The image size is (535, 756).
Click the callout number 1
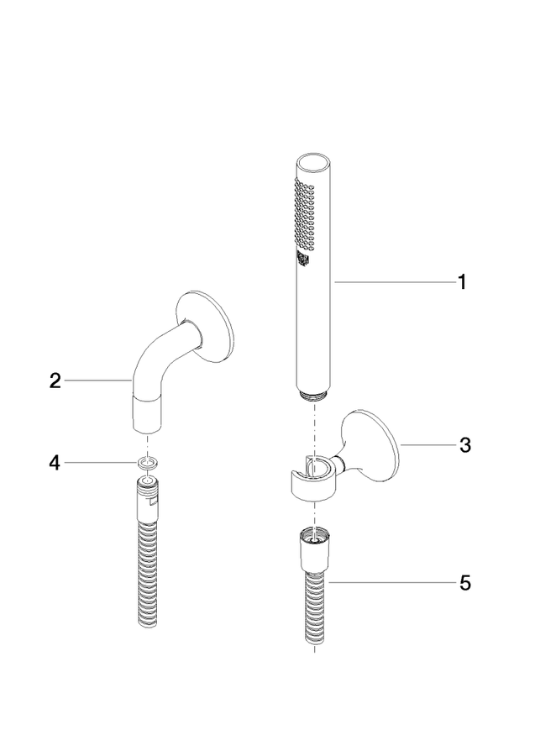pyautogui.click(x=462, y=282)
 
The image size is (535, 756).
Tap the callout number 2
pyautogui.click(x=55, y=381)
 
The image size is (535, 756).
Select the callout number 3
pyautogui.click(x=464, y=445)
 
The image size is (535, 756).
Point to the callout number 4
pyautogui.click(x=55, y=463)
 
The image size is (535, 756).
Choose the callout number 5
pyautogui.click(x=464, y=583)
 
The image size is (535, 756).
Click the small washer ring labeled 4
pyautogui.click(x=147, y=464)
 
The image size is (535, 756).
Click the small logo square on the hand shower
pyautogui.click(x=302, y=258)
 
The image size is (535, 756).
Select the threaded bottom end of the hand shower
pyautogui.click(x=314, y=395)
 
